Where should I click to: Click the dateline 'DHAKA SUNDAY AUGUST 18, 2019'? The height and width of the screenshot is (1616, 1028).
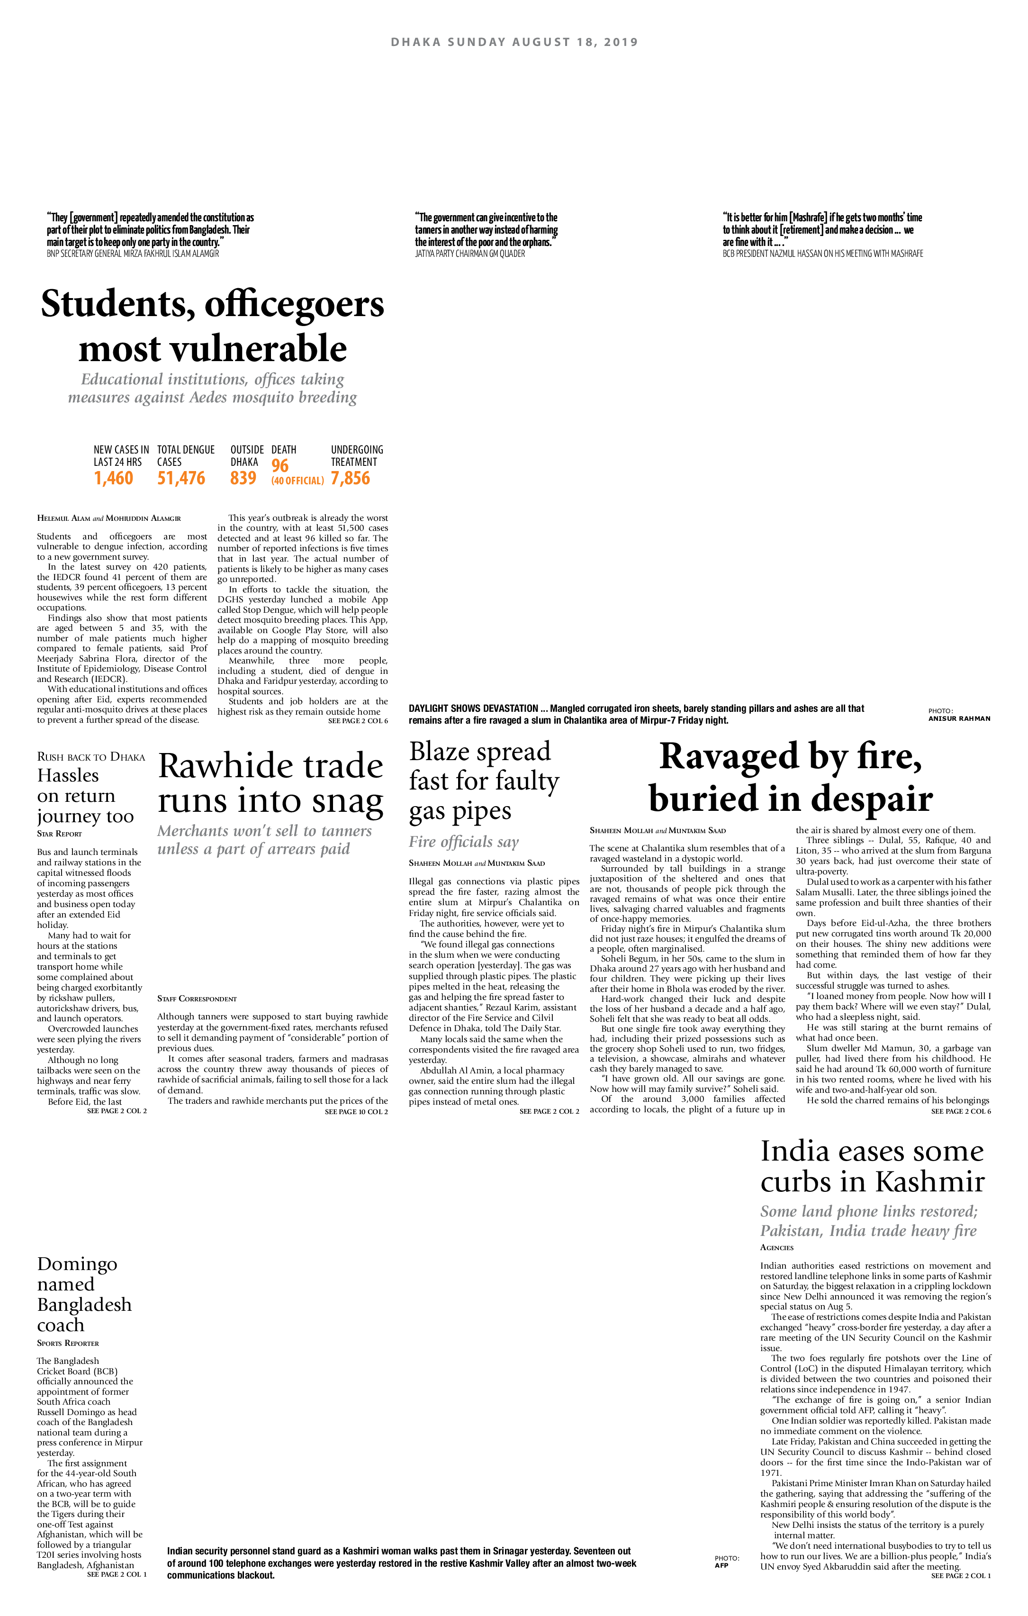514,42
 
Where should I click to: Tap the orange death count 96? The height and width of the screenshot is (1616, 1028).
280,466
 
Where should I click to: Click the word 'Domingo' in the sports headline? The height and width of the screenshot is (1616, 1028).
77,1264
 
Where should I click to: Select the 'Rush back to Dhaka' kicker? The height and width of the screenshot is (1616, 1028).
90,757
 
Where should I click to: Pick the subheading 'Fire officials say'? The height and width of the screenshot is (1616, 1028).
464,842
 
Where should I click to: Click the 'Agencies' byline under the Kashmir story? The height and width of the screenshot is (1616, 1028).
777,1248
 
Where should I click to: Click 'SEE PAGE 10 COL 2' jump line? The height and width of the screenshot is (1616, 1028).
356,1112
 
